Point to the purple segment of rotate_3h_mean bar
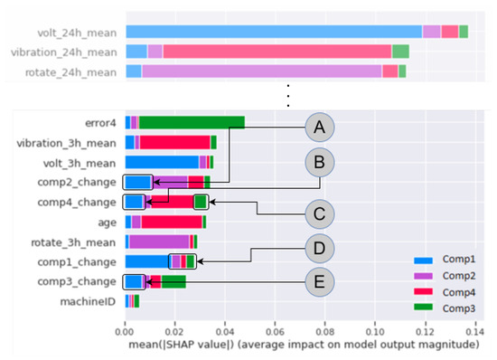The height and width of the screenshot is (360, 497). point(159,242)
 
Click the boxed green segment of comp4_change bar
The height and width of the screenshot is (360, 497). point(201,202)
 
